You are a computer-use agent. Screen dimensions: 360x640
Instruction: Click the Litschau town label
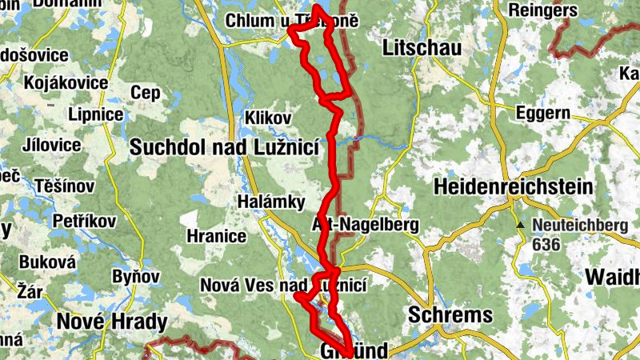coord(422,48)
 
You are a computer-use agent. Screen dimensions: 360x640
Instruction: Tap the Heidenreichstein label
coord(514,187)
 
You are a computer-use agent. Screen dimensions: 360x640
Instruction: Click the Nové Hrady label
coord(112,322)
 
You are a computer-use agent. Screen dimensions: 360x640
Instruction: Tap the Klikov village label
coord(269,118)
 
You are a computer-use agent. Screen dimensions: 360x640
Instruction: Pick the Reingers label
coord(547,11)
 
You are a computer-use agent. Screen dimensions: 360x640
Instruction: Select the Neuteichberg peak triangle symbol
coord(520,226)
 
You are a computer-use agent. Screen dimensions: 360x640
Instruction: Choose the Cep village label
coord(146,93)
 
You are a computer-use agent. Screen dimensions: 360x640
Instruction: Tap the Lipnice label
coord(95,114)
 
